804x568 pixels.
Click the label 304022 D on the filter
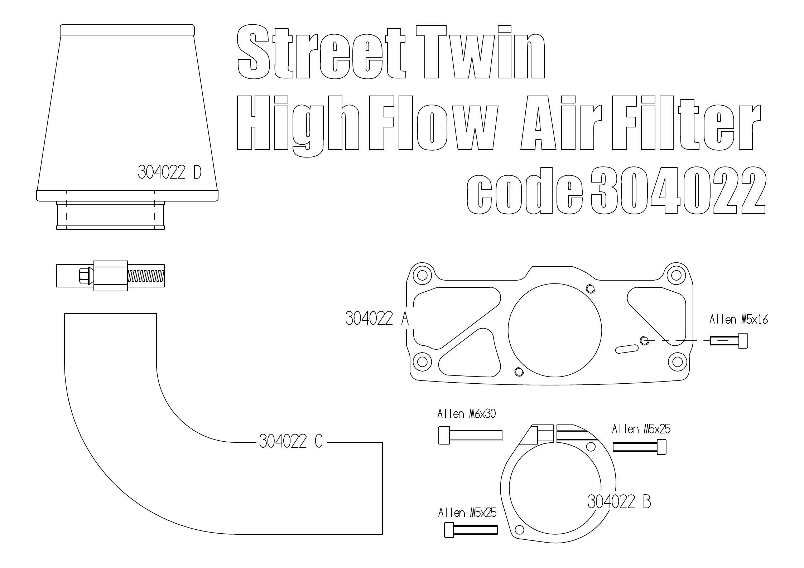[x=169, y=173]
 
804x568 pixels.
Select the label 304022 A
[x=377, y=318]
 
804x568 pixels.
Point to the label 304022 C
[x=290, y=441]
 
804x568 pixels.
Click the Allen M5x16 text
[x=738, y=319]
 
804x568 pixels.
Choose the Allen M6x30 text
[x=466, y=414]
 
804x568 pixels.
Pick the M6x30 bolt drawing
[x=470, y=435]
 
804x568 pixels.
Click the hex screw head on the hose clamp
[x=84, y=276]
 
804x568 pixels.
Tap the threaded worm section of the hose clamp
[x=146, y=276]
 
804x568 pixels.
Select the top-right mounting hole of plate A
[x=676, y=275]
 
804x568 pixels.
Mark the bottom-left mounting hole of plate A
[x=422, y=362]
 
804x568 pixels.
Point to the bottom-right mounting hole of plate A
[x=677, y=362]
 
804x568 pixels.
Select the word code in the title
[x=525, y=191]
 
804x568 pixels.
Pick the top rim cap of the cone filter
[x=127, y=30]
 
